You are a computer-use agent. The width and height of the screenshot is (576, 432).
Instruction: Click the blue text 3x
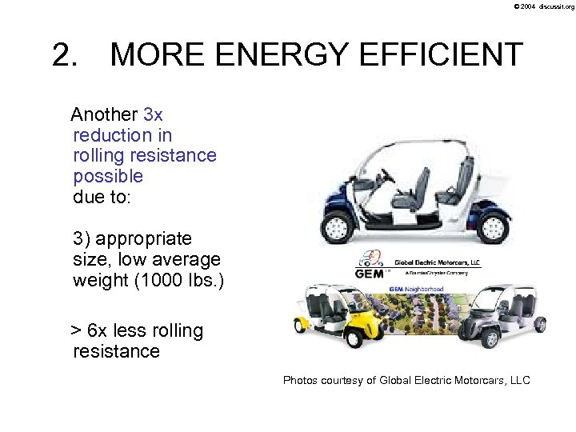[153, 114]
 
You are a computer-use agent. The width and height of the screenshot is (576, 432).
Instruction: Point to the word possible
[108, 176]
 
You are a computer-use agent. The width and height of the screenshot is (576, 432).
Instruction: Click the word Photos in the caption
[301, 380]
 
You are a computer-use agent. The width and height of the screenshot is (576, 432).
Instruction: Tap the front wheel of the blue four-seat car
[340, 224]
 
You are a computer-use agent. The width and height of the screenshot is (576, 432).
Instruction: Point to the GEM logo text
[369, 273]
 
